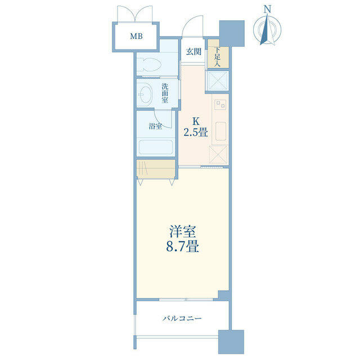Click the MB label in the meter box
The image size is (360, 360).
(136, 36)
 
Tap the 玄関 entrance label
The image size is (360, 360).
(193, 52)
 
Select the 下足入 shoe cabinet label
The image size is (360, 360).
(217, 57)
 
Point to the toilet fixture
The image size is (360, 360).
(150, 64)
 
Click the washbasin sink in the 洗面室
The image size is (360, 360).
(145, 94)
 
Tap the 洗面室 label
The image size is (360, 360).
(165, 93)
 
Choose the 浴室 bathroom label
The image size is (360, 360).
(155, 126)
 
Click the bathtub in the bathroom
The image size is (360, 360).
(156, 147)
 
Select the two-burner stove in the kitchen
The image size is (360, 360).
(220, 105)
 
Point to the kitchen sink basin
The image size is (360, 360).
(220, 131)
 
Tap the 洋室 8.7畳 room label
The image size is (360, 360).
(182, 239)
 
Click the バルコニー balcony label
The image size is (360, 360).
(182, 318)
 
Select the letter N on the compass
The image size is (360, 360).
(267, 9)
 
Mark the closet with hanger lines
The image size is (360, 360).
(156, 169)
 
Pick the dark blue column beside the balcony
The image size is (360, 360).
(231, 342)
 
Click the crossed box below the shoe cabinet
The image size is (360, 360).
(218, 80)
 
